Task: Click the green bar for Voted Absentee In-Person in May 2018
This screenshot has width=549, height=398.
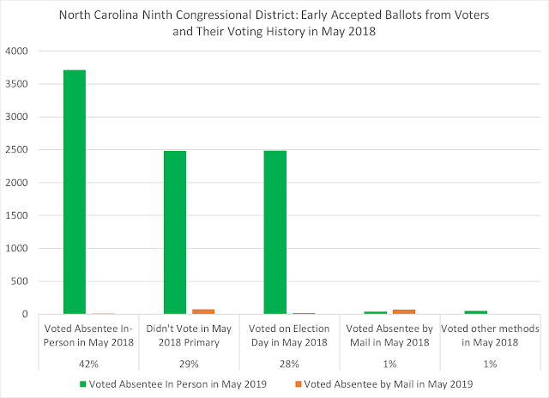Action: click(75, 192)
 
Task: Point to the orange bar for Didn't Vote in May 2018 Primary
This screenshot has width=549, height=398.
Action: click(203, 311)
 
